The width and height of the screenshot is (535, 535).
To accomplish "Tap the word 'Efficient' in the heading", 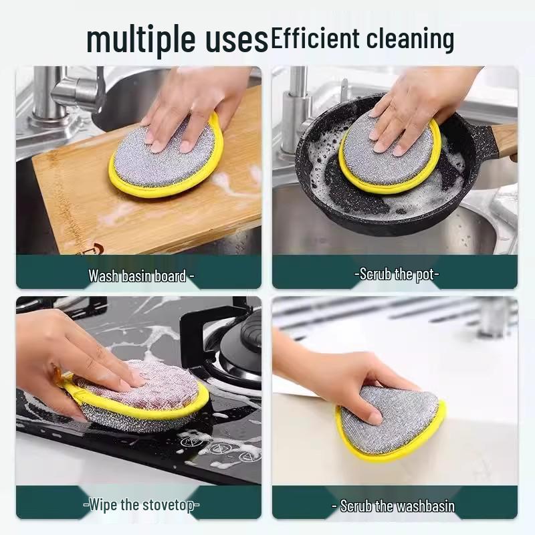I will (314, 38).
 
